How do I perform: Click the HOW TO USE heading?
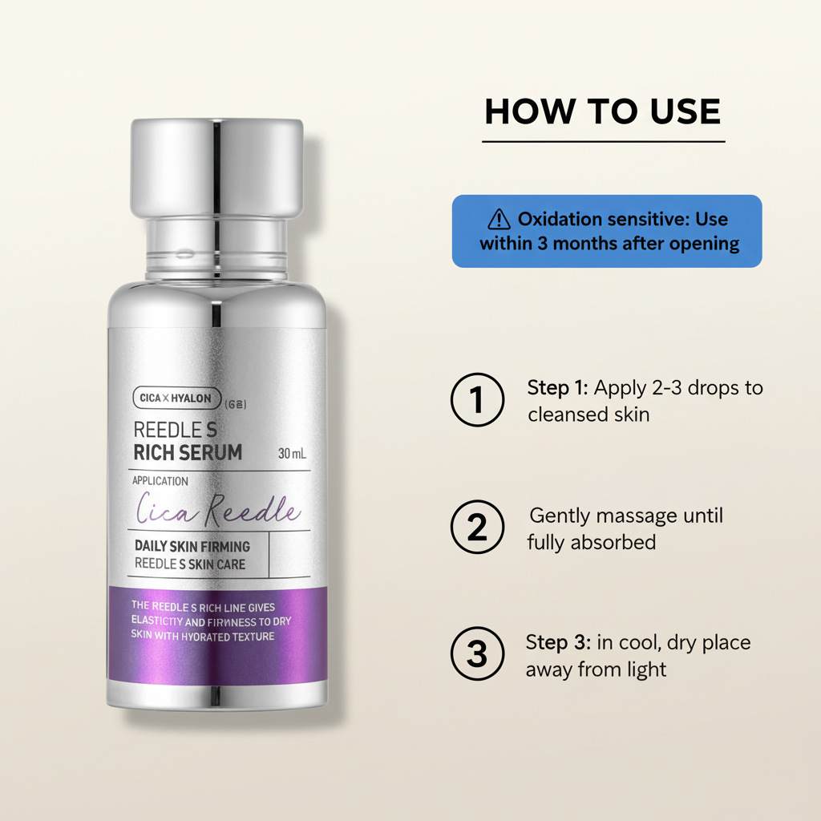(x=603, y=111)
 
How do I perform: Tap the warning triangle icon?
(x=499, y=220)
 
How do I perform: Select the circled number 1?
(x=477, y=399)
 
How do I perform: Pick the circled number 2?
(x=477, y=527)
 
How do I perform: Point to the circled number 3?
(x=477, y=653)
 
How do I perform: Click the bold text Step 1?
(x=558, y=388)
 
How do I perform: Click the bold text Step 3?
(x=558, y=642)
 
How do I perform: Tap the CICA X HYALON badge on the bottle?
(x=177, y=398)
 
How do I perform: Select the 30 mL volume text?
(x=292, y=454)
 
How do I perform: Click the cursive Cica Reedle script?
(x=219, y=509)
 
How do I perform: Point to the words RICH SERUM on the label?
(x=188, y=452)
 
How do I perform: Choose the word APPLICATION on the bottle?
(x=160, y=481)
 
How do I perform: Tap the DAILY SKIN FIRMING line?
(x=192, y=546)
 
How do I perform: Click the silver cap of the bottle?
(x=216, y=168)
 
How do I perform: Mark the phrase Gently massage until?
(x=626, y=516)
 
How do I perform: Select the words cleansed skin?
(x=588, y=415)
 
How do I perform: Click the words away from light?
(x=596, y=669)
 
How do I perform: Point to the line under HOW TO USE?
(x=603, y=141)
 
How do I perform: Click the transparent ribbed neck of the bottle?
(x=216, y=249)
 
